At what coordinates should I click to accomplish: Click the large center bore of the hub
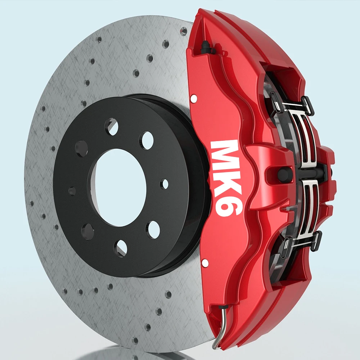[x=120, y=188]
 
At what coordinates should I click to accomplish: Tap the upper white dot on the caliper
[x=194, y=99]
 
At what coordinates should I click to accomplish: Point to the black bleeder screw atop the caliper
[x=205, y=47]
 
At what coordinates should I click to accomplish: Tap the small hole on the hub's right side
[x=165, y=184]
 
